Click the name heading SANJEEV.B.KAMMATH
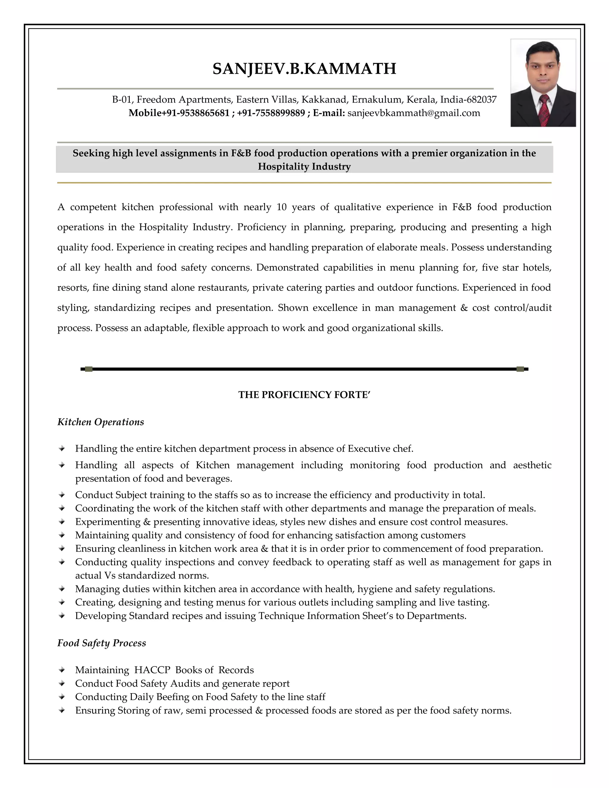[x=304, y=69]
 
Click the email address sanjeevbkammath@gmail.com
[x=413, y=113]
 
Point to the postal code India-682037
[x=468, y=99]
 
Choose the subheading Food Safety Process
[x=102, y=643]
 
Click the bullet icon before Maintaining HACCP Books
[x=62, y=670]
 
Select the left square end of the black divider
[x=89, y=369]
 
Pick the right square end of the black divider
[x=520, y=369]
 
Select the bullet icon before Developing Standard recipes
[x=62, y=616]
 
